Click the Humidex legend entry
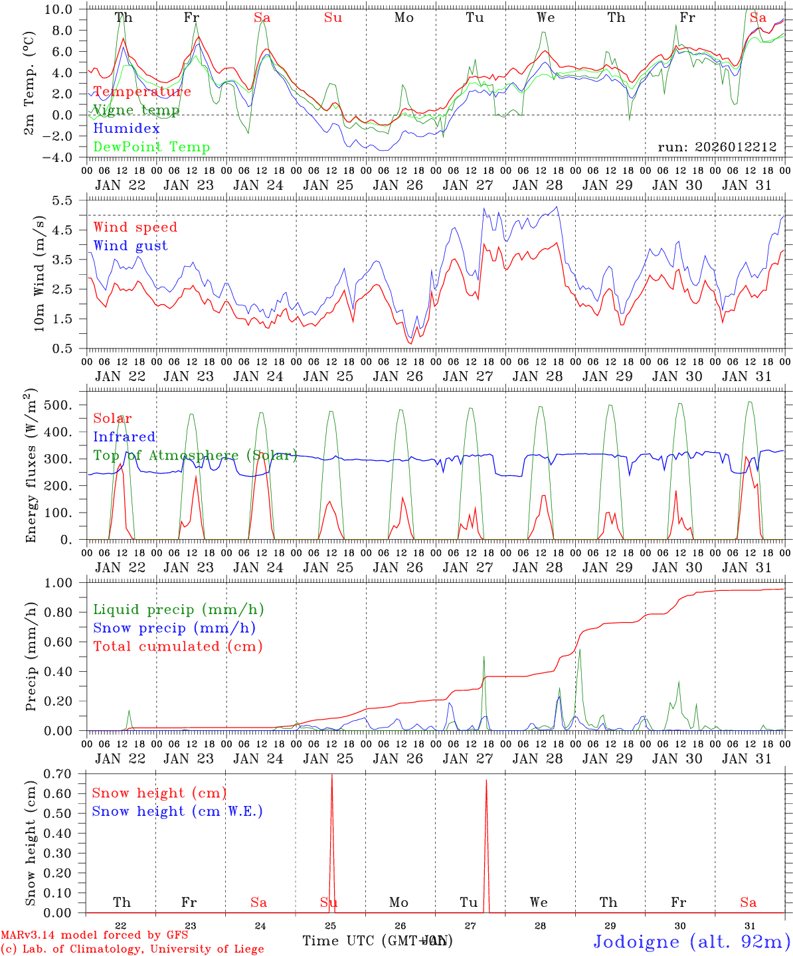(127, 129)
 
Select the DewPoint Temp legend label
(151, 147)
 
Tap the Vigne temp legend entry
(136, 110)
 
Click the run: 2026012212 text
(717, 147)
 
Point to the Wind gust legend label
(130, 246)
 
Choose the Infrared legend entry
(124, 437)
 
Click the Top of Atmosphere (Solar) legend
(195, 455)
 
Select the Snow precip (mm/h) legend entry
(174, 628)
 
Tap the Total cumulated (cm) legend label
(177, 647)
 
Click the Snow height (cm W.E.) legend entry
(177, 811)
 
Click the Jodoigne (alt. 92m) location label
(691, 941)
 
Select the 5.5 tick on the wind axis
(70, 200)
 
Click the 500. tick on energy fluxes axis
(66, 405)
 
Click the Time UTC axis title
(377, 941)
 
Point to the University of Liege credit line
(132, 949)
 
